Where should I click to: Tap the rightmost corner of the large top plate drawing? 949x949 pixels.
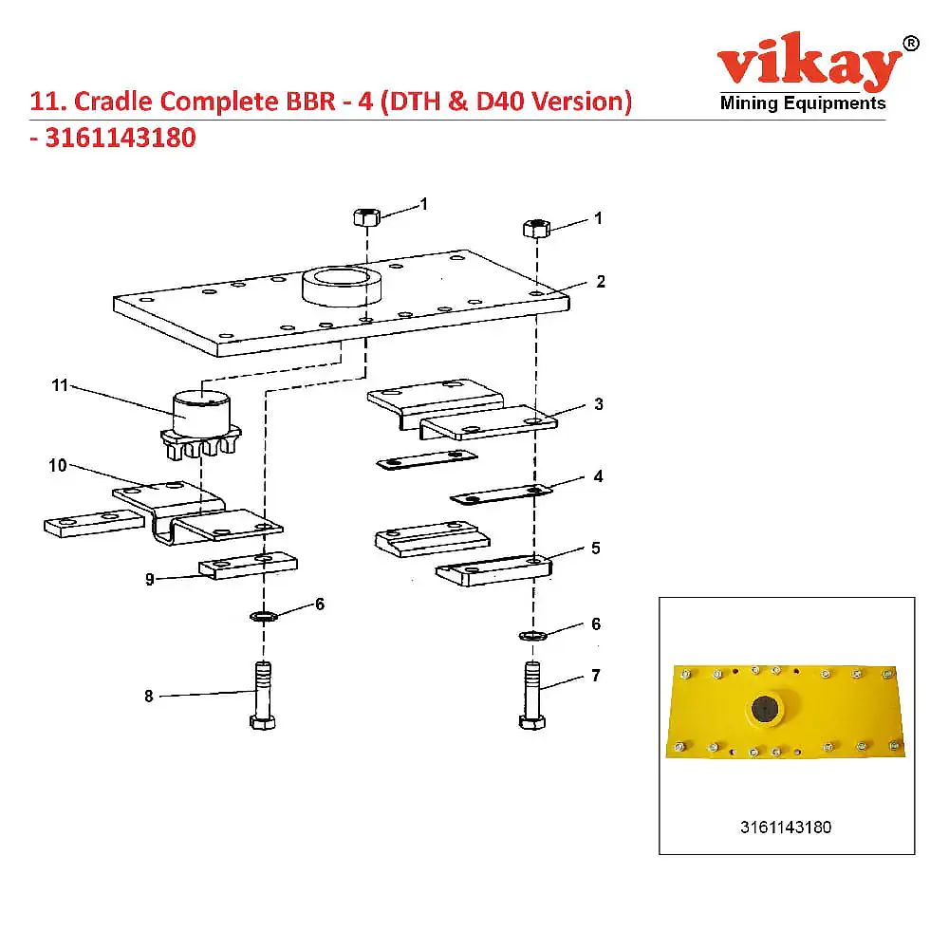568,296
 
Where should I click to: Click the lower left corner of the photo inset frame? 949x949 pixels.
660,854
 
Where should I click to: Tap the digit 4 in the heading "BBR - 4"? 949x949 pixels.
365,102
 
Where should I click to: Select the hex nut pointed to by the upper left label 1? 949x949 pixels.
366,216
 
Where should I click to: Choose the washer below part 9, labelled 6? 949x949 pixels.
263,617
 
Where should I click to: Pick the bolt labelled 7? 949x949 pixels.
532,695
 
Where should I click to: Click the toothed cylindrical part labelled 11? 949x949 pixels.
200,425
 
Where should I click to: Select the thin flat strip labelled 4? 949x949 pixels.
501,493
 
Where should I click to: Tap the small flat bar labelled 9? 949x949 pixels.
248,566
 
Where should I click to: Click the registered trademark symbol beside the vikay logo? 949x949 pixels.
910,45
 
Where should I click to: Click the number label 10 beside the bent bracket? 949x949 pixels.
58,465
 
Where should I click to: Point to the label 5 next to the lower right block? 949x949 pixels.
596,549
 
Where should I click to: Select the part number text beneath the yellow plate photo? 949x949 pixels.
786,828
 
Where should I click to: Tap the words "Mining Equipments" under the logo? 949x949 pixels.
803,102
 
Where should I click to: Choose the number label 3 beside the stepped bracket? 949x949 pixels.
599,404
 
